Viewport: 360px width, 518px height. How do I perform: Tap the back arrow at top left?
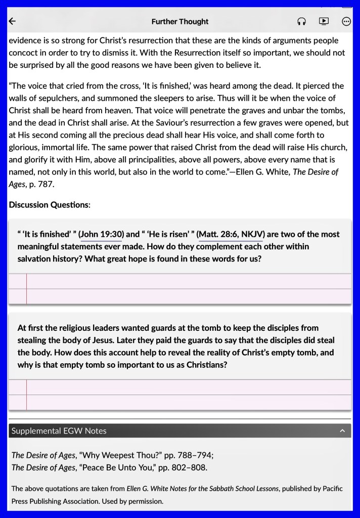tap(13, 21)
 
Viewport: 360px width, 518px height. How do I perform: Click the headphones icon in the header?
tap(302, 21)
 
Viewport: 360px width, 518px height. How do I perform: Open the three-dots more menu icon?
tap(346, 21)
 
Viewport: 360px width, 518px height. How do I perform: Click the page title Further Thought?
tap(180, 22)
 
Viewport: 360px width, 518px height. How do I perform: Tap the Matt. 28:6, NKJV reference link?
tap(231, 234)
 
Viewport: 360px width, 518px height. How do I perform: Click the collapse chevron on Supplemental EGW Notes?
tap(342, 431)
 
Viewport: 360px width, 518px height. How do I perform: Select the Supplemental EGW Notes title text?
tap(59, 431)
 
